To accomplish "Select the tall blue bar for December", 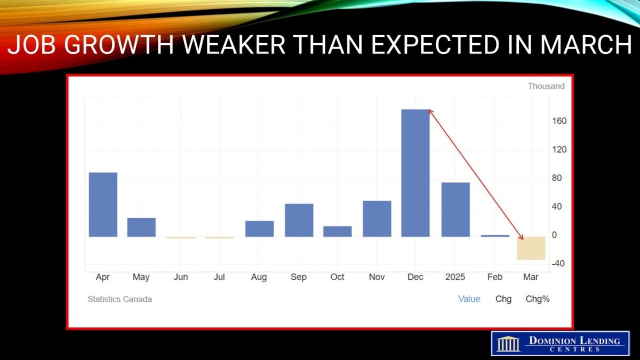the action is (415, 173).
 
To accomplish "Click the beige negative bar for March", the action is (531, 249).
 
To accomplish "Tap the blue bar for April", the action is (103, 205).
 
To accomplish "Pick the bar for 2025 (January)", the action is (455, 210).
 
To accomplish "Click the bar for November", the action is (377, 219).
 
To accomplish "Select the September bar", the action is (299, 220).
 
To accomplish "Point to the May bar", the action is (141, 227).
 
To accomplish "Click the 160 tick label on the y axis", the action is (559, 121).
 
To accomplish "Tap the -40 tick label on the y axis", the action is (558, 263).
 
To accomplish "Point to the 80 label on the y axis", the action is (557, 178).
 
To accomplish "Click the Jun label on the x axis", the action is (181, 277).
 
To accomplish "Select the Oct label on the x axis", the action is (337, 277).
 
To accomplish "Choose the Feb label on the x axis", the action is (494, 277).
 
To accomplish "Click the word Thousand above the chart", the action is (546, 86).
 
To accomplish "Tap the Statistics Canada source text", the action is (119, 299).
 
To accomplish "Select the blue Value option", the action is (469, 299).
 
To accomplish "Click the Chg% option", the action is (538, 299).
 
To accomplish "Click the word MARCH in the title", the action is (586, 45).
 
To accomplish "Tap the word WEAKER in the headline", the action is (234, 45).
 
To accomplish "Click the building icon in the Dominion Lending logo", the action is (509, 344).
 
